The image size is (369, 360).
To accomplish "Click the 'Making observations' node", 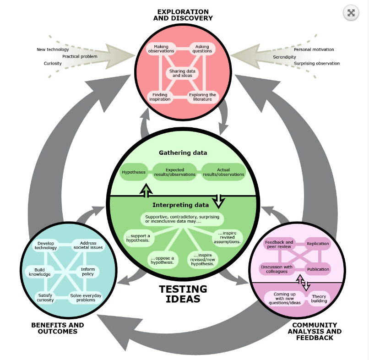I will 161,49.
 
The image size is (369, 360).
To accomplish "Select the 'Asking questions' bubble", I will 202,49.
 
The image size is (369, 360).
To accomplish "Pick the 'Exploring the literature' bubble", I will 202,97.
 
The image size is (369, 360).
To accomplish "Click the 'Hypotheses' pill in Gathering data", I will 133,172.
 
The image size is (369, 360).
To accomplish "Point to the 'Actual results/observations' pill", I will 223,172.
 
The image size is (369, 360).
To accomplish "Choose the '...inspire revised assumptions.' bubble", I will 227,237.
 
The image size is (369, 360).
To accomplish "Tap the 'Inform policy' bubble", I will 87,272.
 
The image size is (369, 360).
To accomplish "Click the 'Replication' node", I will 318,244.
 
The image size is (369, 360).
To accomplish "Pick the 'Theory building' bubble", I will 319,299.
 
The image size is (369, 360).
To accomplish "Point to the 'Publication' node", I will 318,269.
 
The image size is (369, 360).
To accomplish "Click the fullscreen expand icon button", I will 351,13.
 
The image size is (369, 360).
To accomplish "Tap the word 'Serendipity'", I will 284,57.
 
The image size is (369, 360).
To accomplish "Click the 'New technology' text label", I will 53,49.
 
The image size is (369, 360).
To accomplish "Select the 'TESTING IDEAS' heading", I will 183,294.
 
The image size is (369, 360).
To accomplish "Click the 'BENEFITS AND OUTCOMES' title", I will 57,328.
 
